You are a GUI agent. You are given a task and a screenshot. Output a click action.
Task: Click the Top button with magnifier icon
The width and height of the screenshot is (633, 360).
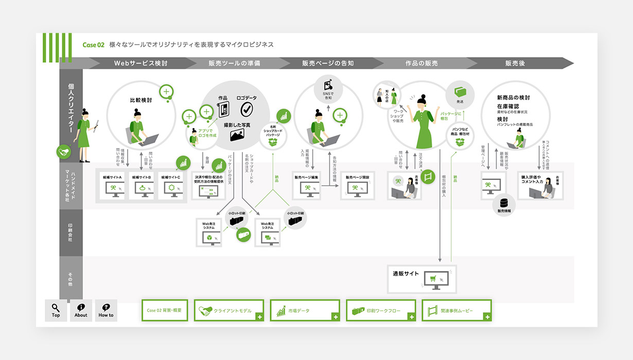(x=56, y=310)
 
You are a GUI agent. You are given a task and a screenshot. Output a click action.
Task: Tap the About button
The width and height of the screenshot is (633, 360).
(x=81, y=310)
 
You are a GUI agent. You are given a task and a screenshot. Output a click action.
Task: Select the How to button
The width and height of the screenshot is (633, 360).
(x=106, y=310)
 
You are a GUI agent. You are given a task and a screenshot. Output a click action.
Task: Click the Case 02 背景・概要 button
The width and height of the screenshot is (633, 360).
(x=165, y=311)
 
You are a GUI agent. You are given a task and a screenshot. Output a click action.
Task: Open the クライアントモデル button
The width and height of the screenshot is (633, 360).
(x=229, y=311)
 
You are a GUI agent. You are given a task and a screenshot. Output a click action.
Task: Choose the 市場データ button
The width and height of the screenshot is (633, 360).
(x=305, y=311)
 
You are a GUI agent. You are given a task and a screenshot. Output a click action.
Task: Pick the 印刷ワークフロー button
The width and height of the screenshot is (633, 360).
(x=381, y=311)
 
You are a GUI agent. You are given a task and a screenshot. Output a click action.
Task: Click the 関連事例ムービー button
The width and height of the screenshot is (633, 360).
(x=456, y=311)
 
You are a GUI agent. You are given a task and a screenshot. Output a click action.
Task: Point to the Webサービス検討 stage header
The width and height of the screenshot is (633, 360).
(x=140, y=63)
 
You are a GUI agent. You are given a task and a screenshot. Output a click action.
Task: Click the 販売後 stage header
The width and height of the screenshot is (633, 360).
(x=515, y=63)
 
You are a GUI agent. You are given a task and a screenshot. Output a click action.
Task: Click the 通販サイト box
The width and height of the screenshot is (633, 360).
(x=421, y=278)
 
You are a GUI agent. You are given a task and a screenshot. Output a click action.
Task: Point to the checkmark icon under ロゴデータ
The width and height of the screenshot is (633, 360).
(x=247, y=109)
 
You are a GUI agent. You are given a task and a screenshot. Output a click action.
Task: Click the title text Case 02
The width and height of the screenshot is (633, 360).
(x=94, y=45)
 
